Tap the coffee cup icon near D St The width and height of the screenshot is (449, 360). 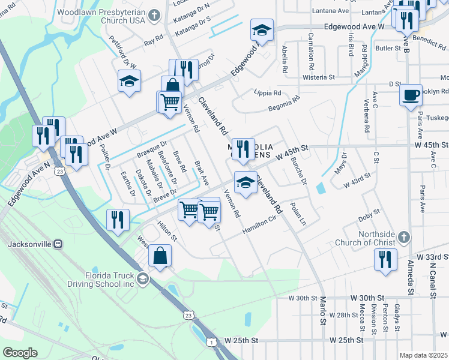pyautogui.click(x=411, y=95)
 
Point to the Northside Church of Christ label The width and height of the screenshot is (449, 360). pyautogui.click(x=377, y=238)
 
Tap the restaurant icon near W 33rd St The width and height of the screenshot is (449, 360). pyautogui.click(x=384, y=260)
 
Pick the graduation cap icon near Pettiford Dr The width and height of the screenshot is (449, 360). pyautogui.click(x=129, y=81)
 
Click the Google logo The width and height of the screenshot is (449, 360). pyautogui.click(x=20, y=352)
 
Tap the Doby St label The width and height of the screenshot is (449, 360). pyautogui.click(x=369, y=212)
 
